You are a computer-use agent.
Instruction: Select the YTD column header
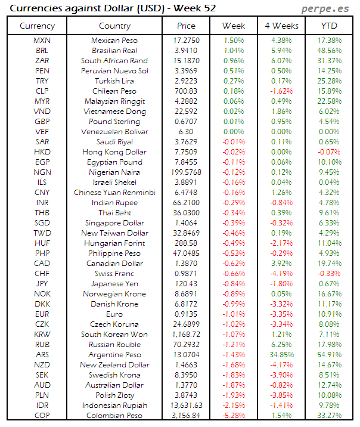pos(328,26)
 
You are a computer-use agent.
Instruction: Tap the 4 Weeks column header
pos(281,26)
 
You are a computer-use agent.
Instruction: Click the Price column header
pos(186,26)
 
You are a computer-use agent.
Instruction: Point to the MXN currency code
pos(42,40)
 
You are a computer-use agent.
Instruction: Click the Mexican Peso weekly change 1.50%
pos(233,40)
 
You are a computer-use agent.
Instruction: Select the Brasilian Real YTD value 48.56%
pos(328,50)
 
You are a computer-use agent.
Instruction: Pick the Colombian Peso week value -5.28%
pos(233,416)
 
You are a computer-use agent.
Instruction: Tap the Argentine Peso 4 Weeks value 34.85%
pos(281,355)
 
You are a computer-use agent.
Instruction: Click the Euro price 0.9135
pos(186,314)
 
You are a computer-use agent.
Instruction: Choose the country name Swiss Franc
pos(114,274)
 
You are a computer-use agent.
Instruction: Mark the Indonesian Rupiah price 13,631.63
pos(186,406)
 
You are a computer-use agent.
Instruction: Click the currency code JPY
pos(42,284)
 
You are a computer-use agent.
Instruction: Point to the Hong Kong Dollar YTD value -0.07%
pos(328,152)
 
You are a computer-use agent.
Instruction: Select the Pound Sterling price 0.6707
pos(186,122)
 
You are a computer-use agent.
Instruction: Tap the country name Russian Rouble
pos(114,345)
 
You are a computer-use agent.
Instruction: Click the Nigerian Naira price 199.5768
pos(186,172)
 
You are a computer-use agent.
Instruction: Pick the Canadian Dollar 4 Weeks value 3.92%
pos(281,264)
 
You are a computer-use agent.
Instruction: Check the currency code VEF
pos(42,132)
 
